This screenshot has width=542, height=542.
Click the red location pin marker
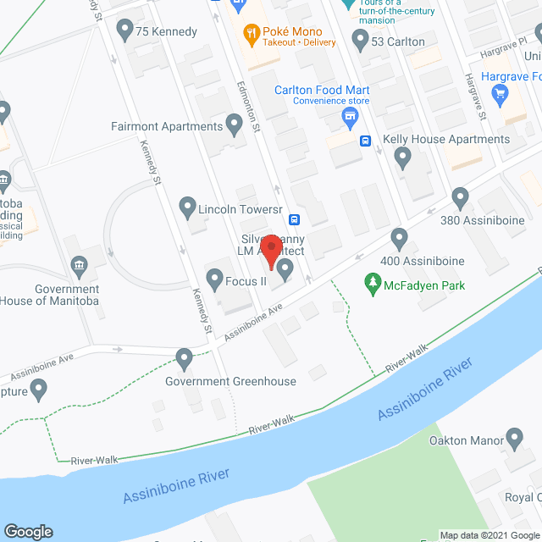point(270,247)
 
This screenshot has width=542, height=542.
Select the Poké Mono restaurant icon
point(251,36)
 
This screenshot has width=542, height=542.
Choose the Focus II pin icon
point(213,279)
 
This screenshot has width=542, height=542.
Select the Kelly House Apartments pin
point(402,157)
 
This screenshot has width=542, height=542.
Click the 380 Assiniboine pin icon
point(461,198)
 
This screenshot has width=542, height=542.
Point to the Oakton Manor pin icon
point(514,439)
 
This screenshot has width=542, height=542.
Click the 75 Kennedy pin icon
point(125,32)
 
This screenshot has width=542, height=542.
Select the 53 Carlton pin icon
point(360,40)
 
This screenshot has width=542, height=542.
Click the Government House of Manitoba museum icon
point(80,266)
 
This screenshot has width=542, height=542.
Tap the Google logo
point(28,531)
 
